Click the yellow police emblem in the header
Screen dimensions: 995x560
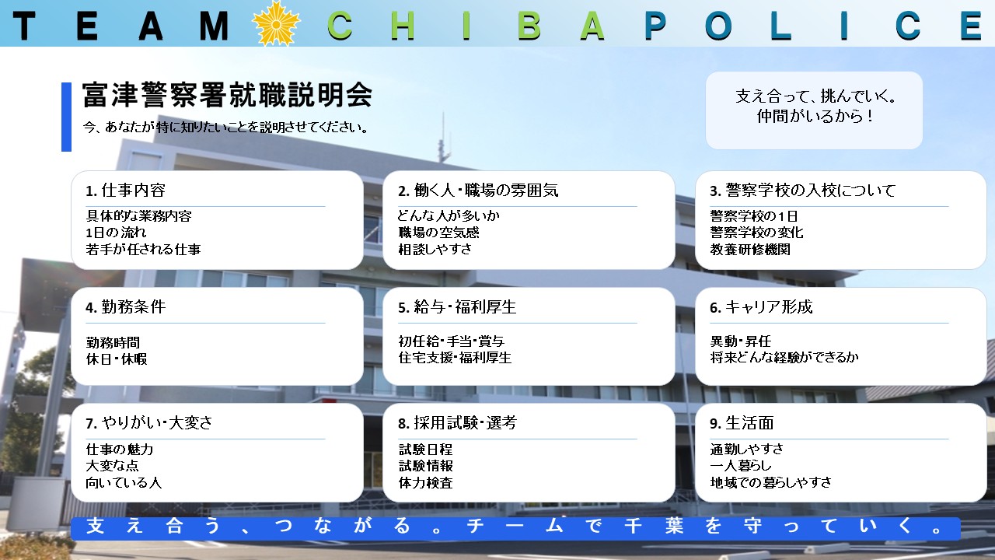click(276, 23)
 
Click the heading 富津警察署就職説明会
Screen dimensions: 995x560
click(227, 95)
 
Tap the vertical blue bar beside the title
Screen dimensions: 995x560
click(66, 117)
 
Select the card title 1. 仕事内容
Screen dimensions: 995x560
click(125, 191)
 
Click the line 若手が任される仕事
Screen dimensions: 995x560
click(143, 250)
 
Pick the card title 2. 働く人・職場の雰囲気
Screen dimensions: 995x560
click(478, 191)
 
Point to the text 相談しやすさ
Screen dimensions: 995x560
click(435, 250)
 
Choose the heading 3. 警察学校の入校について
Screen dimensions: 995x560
click(802, 191)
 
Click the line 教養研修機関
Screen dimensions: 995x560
click(750, 250)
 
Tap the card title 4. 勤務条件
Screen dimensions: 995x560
click(126, 306)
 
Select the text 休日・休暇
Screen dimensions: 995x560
click(117, 359)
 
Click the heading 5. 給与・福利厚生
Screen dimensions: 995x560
click(457, 306)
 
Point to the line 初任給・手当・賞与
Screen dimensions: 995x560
click(452, 341)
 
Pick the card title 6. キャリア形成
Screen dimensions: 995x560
click(761, 306)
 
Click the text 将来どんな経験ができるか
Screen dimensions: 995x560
click(784, 357)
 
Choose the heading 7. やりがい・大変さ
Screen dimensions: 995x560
click(148, 422)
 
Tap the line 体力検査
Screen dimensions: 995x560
click(425, 483)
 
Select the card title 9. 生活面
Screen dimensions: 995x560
click(742, 422)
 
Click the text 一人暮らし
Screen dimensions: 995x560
click(741, 465)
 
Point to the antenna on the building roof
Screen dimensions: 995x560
click(443, 138)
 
